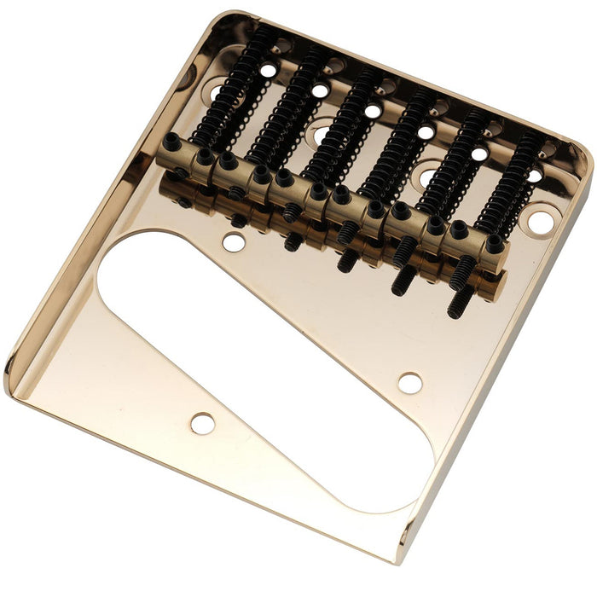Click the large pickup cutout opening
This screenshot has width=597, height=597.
pos(256,341)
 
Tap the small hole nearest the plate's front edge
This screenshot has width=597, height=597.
pos(202,423)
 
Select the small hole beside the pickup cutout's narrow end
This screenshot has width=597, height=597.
pos(409,383)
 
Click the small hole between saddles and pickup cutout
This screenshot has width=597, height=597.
pos(234,242)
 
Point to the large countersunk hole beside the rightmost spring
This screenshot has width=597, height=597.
pos(539,223)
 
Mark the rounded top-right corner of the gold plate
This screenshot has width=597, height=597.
pos(581,158)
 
